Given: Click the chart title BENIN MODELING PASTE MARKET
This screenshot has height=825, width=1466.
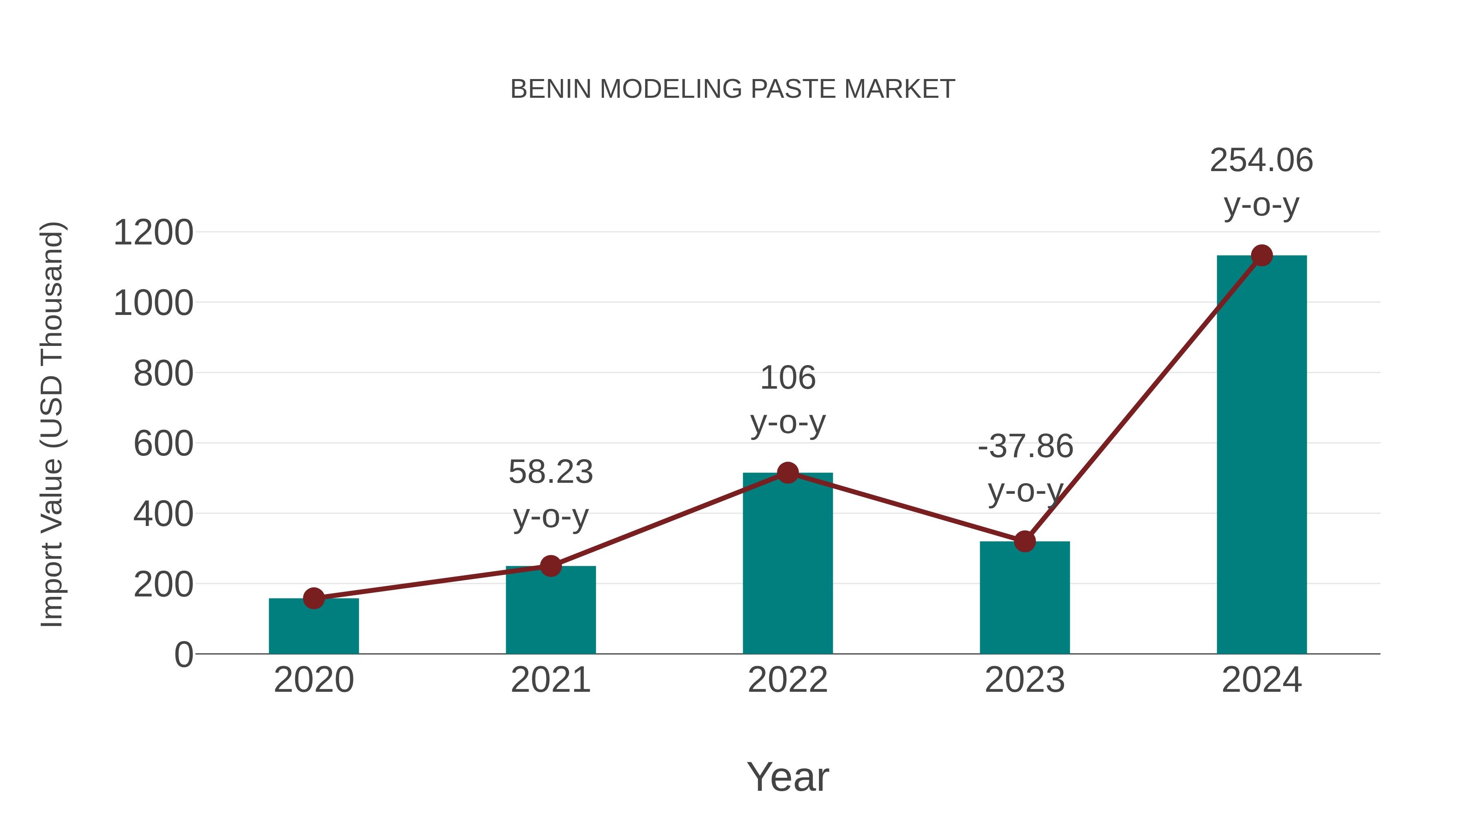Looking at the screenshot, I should [733, 89].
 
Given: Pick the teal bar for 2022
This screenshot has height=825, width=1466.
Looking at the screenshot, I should [788, 564].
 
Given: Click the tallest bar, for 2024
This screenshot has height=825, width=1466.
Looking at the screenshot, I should [1262, 455].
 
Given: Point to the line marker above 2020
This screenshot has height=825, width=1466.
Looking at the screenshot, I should [314, 598].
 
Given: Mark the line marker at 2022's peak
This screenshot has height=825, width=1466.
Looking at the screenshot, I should [788, 473].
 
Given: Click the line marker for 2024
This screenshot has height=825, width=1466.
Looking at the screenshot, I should [1262, 255].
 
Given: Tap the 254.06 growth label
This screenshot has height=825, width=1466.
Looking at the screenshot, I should [1261, 161].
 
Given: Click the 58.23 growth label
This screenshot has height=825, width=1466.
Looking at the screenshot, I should [550, 473].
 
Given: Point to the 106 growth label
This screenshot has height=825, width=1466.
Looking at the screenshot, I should [788, 378].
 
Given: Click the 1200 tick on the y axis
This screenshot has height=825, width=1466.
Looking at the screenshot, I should [153, 233].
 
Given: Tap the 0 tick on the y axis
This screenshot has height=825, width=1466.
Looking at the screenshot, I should [183, 655].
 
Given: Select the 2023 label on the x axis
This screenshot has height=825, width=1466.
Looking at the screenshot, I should [1025, 680].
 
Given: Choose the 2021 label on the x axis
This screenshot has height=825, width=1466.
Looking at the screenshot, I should [550, 680].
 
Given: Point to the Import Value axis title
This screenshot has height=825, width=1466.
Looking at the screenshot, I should [51, 424].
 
